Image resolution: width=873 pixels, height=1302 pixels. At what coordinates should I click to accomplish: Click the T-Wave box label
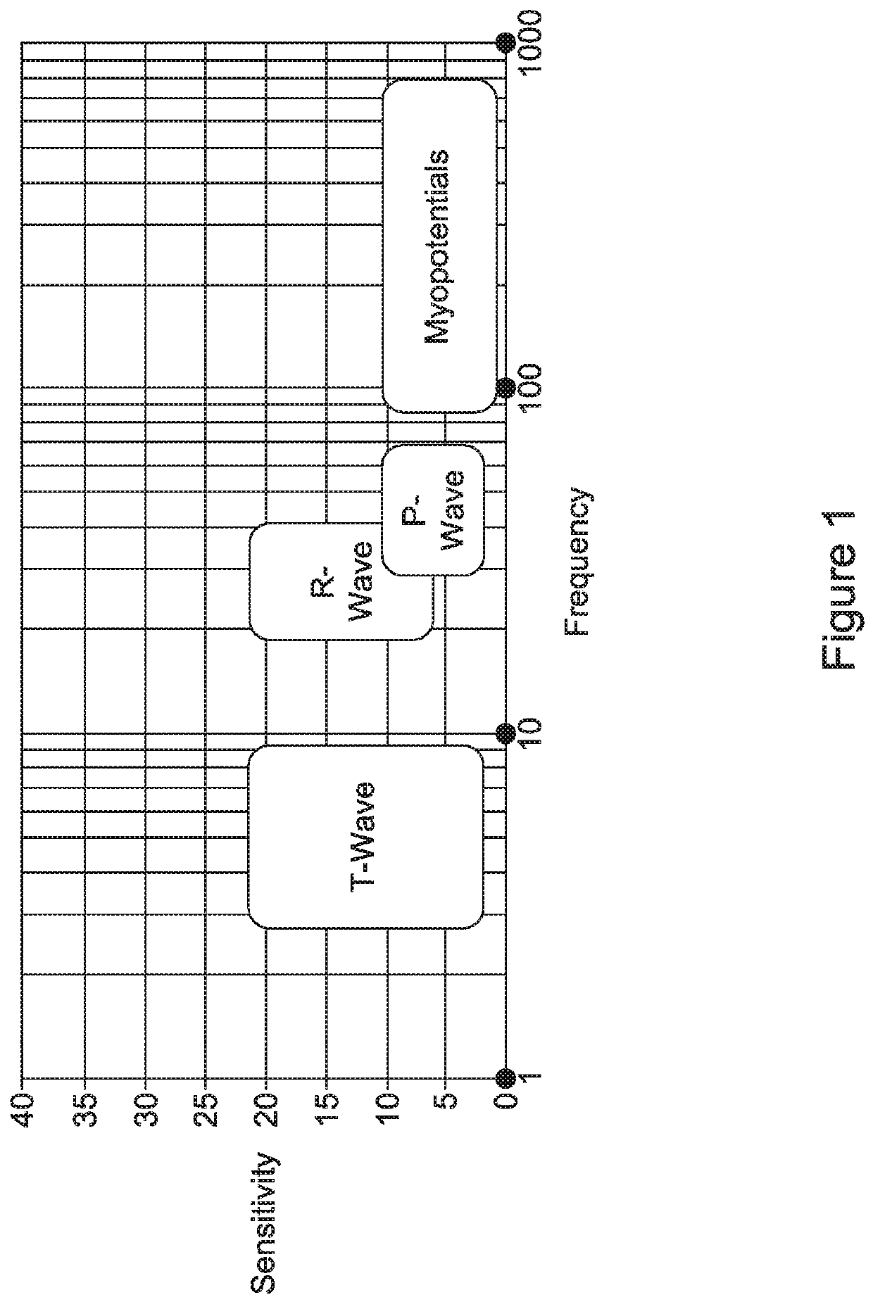pyautogui.click(x=365, y=837)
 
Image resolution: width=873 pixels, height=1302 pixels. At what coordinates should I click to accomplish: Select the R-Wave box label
pyautogui.click(x=342, y=581)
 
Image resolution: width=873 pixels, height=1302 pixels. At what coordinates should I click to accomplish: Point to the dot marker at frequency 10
pyautogui.click(x=504, y=734)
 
